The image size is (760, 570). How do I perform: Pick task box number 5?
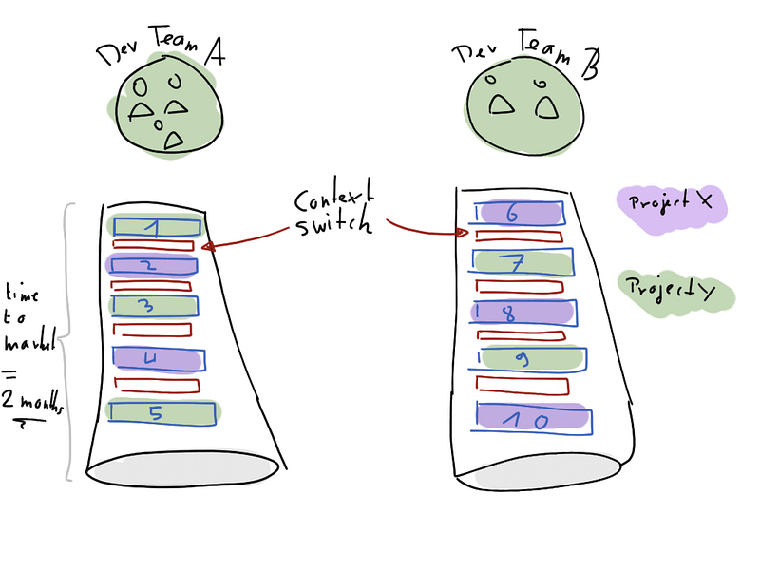click(162, 412)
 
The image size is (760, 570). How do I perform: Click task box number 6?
click(521, 213)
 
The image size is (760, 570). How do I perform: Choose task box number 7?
click(522, 261)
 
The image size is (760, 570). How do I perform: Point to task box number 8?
click(522, 313)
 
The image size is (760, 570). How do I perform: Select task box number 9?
click(530, 358)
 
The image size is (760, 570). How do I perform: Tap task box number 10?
click(533, 418)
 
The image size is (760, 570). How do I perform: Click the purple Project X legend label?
click(672, 205)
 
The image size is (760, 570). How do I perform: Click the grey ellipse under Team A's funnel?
click(185, 464)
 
